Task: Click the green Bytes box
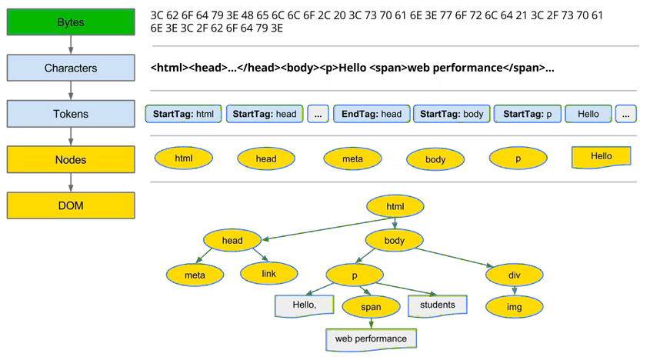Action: [x=71, y=22]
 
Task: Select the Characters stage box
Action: [x=71, y=68]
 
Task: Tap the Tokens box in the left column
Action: [x=71, y=114]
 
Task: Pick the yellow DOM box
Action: [x=71, y=205]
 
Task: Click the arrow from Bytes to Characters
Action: [x=71, y=45]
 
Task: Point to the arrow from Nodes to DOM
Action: [x=71, y=182]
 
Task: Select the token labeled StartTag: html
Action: [x=183, y=114]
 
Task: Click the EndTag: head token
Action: [x=372, y=114]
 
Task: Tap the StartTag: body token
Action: [x=452, y=114]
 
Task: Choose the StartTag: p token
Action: [x=527, y=114]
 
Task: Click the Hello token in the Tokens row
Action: [x=588, y=114]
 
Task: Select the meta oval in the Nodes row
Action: [x=352, y=158]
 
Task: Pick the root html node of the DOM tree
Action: [x=395, y=207]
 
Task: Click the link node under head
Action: [x=268, y=272]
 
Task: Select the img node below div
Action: [x=515, y=306]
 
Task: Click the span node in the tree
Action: [x=371, y=306]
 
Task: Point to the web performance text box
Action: [x=371, y=338]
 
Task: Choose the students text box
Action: [x=437, y=305]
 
